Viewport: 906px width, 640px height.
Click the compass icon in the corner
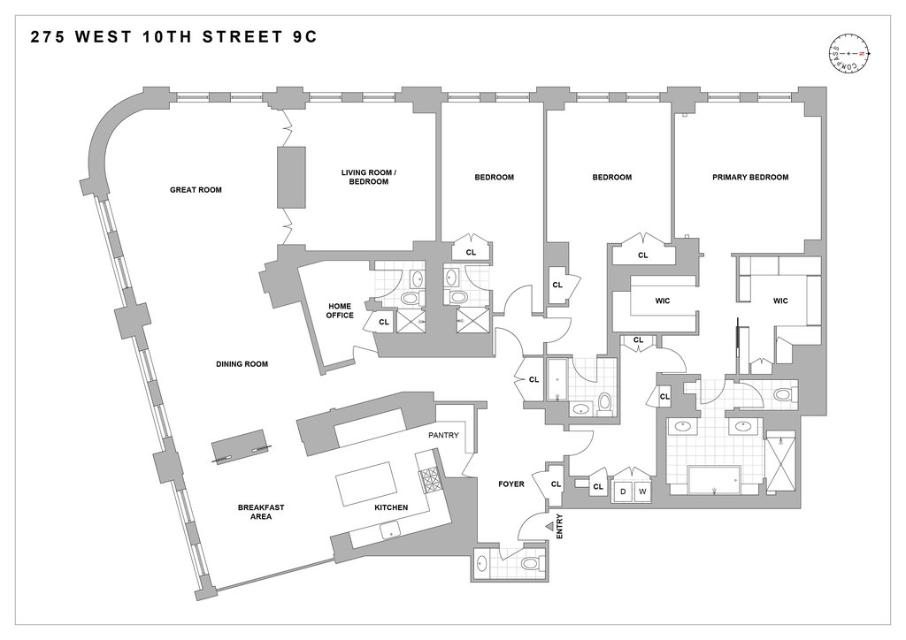(848, 54)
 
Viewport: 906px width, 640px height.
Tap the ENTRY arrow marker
(549, 526)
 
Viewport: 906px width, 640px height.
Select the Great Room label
(196, 190)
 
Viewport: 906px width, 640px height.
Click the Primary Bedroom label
(750, 177)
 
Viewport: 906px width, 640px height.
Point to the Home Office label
(340, 310)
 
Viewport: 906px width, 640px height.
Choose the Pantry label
(444, 435)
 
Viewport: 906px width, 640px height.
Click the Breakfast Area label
(261, 512)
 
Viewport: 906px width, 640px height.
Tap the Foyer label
(511, 484)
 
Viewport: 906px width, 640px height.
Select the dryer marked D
(623, 491)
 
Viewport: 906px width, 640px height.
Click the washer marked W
(642, 491)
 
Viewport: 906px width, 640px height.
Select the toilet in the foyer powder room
(529, 562)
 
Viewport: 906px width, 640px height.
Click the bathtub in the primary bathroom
(714, 480)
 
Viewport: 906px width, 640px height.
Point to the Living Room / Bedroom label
(369, 177)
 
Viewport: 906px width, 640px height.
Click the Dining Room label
(242, 364)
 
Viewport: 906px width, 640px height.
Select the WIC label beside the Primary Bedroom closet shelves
(780, 301)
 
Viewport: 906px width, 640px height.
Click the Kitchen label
(391, 507)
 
